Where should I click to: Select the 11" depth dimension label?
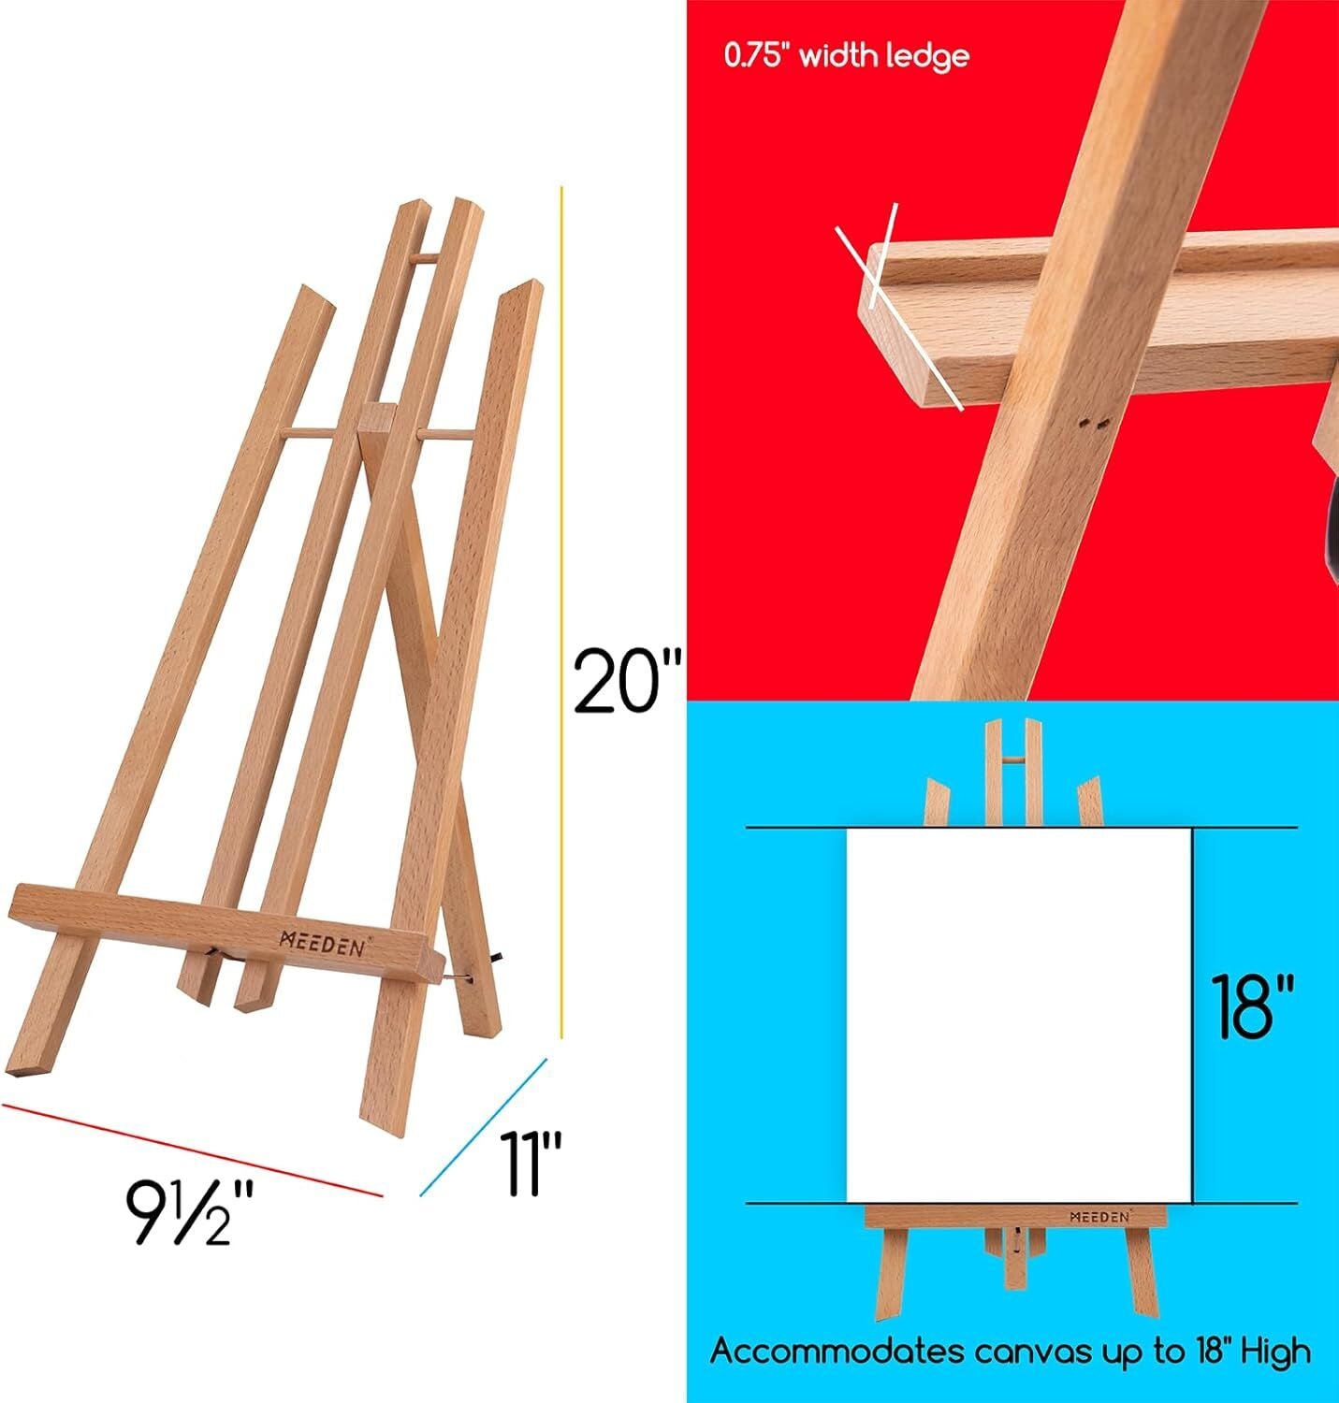point(530,1164)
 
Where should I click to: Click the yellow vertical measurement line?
point(561,608)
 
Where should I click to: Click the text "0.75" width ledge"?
point(846,56)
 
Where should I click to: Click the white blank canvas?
point(1018,1015)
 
